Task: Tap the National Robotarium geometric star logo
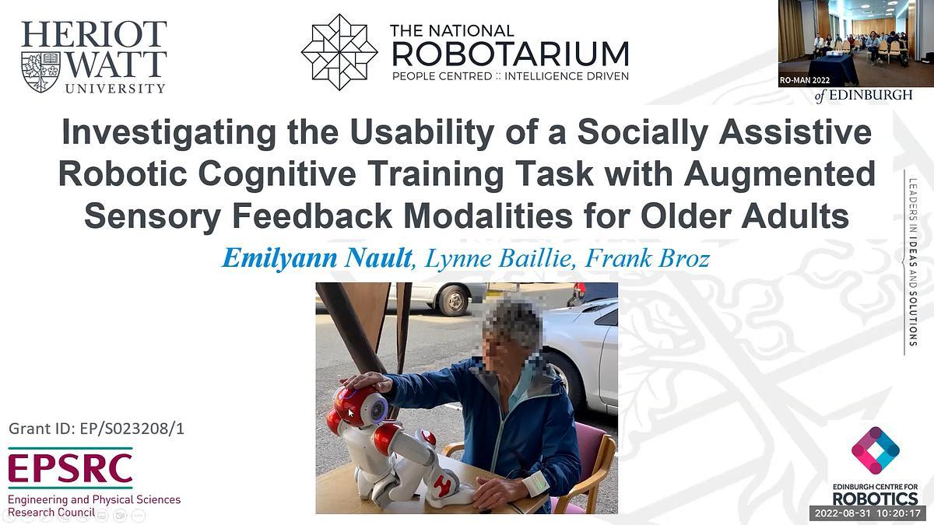[x=339, y=51]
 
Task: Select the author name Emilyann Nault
[x=316, y=257]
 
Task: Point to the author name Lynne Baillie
[x=482, y=257]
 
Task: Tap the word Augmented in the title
[x=779, y=174]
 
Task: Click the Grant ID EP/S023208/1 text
[x=97, y=429]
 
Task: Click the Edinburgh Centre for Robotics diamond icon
[x=875, y=450]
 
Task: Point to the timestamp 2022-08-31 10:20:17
[x=867, y=513]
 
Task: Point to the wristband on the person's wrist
[x=535, y=483]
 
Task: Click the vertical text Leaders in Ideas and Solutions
[x=913, y=263]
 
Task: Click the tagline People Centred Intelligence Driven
[x=510, y=76]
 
